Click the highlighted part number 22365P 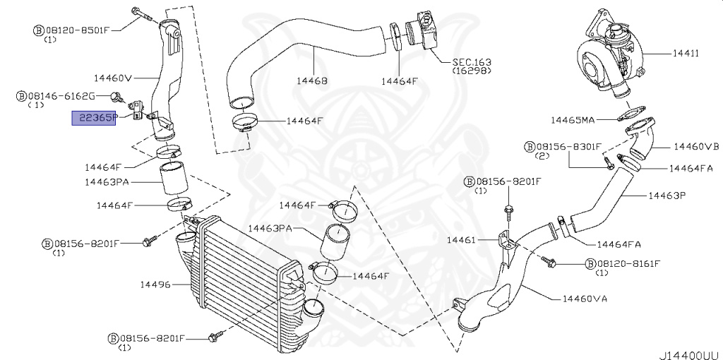93,119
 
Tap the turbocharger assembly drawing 607,60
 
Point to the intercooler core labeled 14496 240,282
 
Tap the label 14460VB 695,147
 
